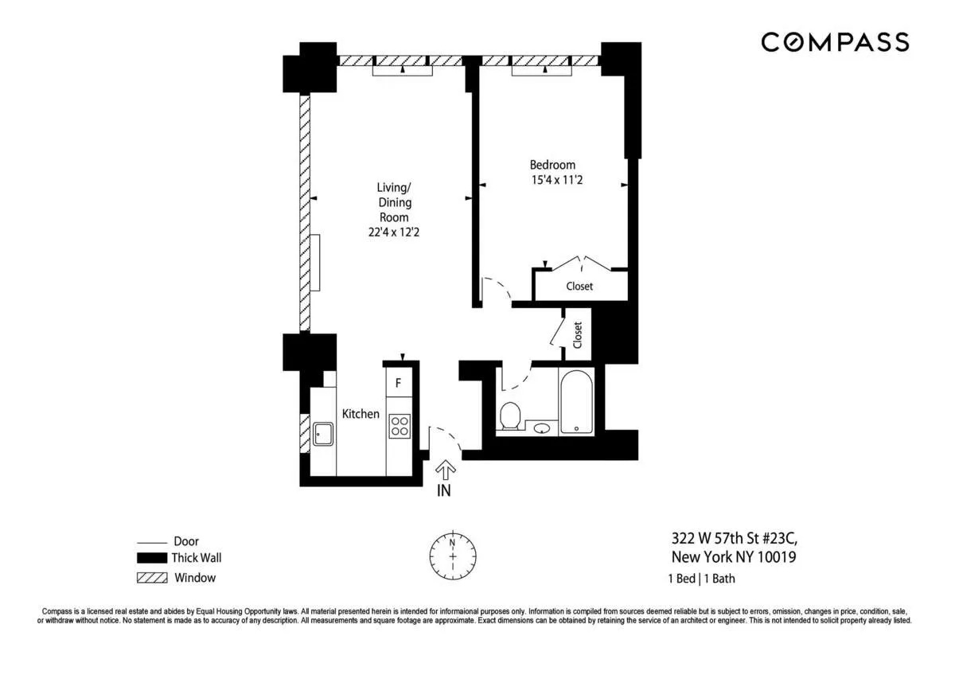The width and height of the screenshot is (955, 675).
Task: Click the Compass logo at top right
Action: (834, 42)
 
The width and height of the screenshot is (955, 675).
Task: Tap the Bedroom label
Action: (552, 165)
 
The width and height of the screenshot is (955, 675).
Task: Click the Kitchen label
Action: (361, 414)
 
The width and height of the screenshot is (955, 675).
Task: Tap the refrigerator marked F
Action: (399, 382)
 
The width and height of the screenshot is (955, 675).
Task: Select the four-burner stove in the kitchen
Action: (399, 426)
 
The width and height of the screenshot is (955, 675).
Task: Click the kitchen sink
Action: (323, 434)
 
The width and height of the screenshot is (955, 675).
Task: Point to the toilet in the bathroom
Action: (509, 416)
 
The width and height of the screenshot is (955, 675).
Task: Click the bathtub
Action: (576, 402)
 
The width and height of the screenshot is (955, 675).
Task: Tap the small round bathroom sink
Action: (542, 429)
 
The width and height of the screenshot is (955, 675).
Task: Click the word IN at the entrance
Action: (444, 491)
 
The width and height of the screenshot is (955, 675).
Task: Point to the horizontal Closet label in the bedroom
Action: (579, 287)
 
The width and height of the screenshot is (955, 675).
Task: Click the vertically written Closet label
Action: (578, 335)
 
